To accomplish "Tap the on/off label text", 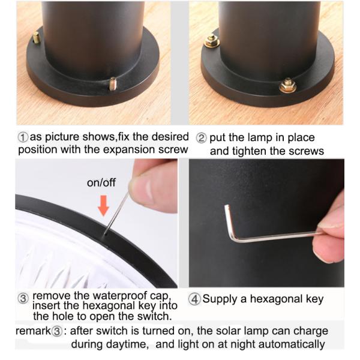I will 101,183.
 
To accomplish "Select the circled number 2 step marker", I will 202,137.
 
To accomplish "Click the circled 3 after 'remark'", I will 59,332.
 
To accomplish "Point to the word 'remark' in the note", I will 34,332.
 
